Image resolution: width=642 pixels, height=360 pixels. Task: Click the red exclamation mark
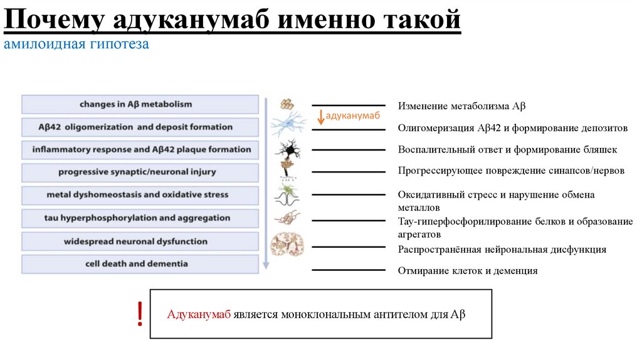pos(140,314)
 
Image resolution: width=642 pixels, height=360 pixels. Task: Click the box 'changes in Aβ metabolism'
pos(140,104)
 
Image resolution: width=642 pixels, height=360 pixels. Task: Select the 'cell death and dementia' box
pos(140,264)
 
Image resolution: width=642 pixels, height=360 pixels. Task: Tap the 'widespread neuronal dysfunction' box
pos(140,241)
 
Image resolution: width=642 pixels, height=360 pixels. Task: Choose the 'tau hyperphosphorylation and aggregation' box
pos(140,218)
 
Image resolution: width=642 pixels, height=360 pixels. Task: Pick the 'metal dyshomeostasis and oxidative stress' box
pos(140,195)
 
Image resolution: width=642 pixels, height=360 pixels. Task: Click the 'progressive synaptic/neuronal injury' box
pos(140,172)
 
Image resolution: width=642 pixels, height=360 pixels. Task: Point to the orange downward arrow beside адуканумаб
pos(320,117)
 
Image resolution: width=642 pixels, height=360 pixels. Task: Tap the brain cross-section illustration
pos(287,244)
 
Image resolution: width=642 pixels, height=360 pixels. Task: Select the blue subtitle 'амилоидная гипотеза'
pos(76,45)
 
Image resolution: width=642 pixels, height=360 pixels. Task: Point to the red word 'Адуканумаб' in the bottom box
pos(199,314)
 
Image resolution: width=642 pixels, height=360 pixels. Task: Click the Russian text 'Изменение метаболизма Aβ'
pos(457,106)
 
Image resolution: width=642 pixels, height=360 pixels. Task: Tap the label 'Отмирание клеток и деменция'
pos(468,271)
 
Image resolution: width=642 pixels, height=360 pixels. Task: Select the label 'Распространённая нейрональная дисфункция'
pos(502,250)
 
